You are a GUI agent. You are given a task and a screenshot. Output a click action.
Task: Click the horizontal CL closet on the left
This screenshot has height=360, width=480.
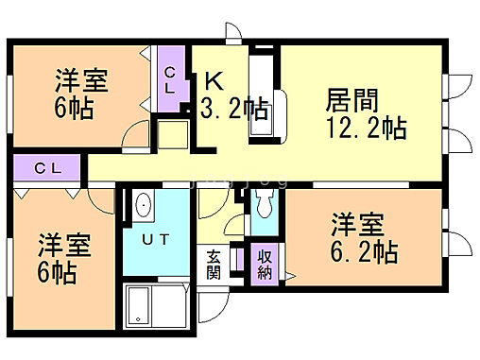pyautogui.click(x=48, y=168)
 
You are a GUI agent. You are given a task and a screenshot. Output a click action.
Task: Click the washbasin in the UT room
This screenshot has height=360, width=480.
pyautogui.click(x=144, y=203)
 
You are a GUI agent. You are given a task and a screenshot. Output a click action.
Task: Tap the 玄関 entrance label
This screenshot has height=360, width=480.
pyautogui.click(x=214, y=265)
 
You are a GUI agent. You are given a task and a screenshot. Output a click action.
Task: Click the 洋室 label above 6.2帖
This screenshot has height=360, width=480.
pyautogui.click(x=357, y=226)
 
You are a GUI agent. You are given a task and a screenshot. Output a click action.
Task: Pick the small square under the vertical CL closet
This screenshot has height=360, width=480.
pyautogui.click(x=171, y=132)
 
